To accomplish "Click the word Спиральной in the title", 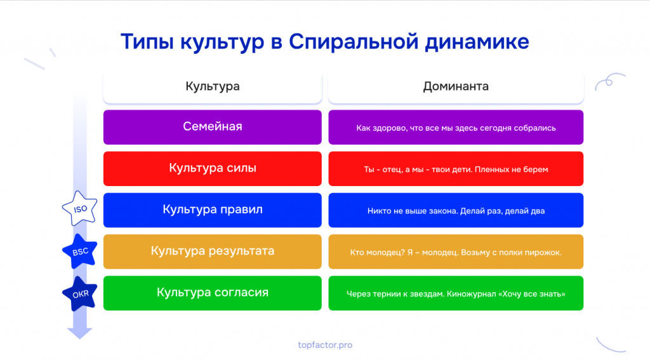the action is [354, 43].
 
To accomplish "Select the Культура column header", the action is [213, 86].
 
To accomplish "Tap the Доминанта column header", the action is [456, 86].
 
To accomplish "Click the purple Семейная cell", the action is [213, 127].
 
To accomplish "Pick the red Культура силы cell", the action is [213, 168].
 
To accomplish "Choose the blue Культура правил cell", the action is [213, 210].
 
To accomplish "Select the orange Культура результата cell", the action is [213, 251].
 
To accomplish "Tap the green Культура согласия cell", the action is [213, 293].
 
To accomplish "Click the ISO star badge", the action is [79, 209].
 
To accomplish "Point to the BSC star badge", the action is [79, 251].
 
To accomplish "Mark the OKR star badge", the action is [79, 294].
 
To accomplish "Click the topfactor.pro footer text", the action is [325, 345].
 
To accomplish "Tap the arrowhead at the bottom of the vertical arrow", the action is [79, 333].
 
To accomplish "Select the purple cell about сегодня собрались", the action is [456, 127].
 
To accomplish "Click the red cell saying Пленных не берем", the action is [456, 168].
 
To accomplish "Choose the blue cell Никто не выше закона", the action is [456, 210].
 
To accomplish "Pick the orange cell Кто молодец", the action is [456, 251].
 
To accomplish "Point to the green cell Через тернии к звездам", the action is [456, 293].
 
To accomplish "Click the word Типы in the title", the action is [147, 43].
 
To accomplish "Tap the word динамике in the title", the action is [477, 43].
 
